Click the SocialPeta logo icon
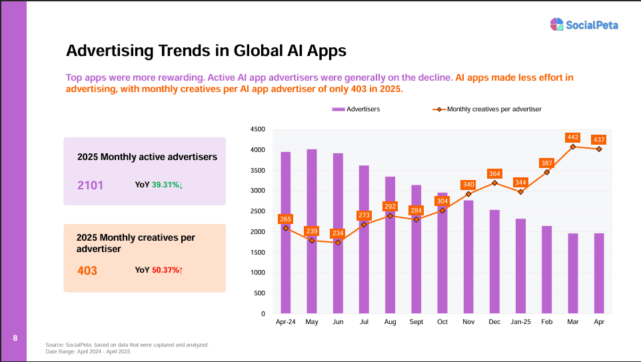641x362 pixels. tap(557, 25)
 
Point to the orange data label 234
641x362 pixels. tap(337, 233)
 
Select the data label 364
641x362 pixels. tap(494, 173)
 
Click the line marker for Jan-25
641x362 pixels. tap(520, 192)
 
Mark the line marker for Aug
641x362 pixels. tap(390, 215)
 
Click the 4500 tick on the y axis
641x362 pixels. tap(257, 129)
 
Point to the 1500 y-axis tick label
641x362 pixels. tap(257, 252)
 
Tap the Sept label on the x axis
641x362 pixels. tap(416, 322)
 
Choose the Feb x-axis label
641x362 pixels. tap(546, 322)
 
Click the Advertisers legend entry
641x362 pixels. tap(356, 109)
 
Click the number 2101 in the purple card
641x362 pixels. tap(91, 185)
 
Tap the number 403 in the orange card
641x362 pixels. tap(87, 271)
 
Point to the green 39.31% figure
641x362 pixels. tap(165, 185)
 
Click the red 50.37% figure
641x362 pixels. tap(165, 271)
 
